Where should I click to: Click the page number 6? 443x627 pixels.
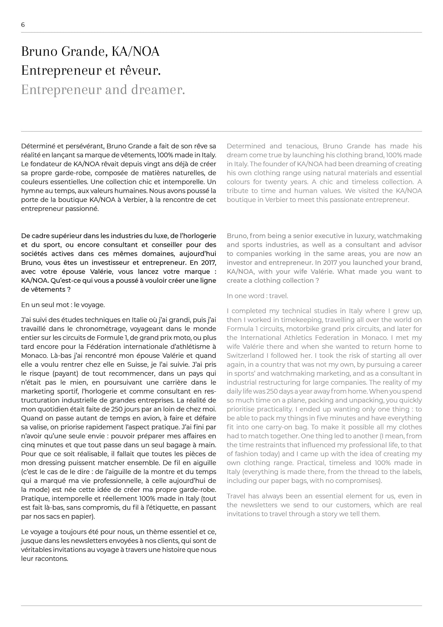pyautogui.click(x=23, y=25)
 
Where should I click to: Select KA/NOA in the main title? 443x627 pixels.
pyautogui.click(x=135, y=51)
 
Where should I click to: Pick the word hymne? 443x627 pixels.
pyautogui.click(x=31, y=191)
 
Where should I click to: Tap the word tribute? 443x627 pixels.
pyautogui.click(x=238, y=191)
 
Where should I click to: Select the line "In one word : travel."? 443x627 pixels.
pyautogui.click(x=257, y=296)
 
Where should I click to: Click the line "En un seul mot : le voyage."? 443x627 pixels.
pyautogui.click(x=63, y=305)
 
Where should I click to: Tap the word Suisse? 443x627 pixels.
pyautogui.click(x=154, y=365)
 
